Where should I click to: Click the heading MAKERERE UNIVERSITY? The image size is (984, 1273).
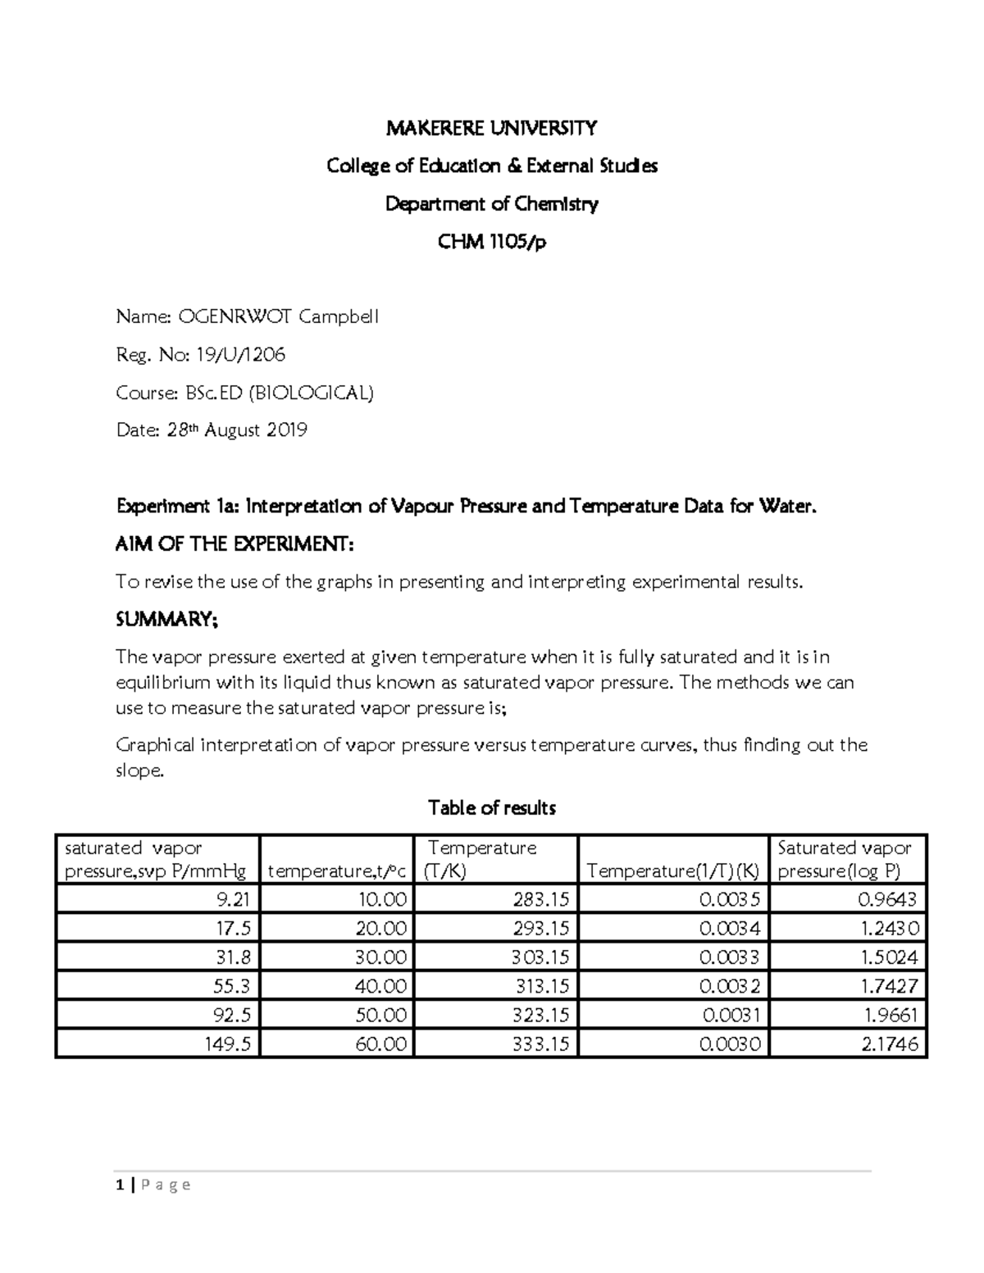coord(491,128)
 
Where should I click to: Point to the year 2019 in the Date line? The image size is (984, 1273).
coord(286,430)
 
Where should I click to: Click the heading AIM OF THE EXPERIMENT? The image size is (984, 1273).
coord(235,544)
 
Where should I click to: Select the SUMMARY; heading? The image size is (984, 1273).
coord(167,620)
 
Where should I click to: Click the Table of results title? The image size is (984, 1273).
coord(491,808)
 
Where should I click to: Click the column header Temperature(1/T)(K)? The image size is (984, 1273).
coord(672,871)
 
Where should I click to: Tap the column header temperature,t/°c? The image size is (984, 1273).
coord(336,871)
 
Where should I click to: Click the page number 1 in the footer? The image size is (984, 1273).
coord(121,1184)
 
